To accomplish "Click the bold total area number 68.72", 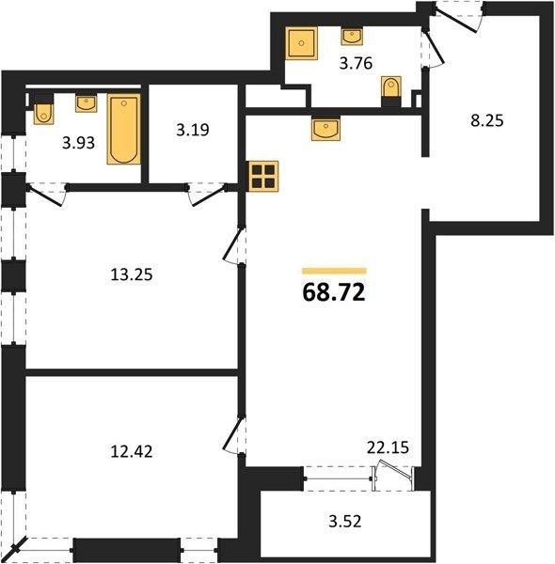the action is (x=334, y=292).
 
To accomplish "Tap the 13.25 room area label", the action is (x=132, y=274).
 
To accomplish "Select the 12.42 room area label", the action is (x=132, y=451).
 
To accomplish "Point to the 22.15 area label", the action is (x=388, y=447).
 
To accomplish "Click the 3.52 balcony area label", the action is (x=345, y=521).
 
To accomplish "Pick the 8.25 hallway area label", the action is (x=487, y=120).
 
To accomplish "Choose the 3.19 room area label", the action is (x=193, y=130).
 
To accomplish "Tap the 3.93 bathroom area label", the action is (x=78, y=143).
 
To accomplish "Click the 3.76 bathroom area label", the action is (x=356, y=63).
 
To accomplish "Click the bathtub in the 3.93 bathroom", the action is (x=124, y=130).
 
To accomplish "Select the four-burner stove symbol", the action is (x=263, y=177).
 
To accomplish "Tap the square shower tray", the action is (x=302, y=43).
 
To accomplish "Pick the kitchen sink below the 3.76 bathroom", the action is (x=325, y=128).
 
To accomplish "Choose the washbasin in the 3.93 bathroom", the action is (x=86, y=103).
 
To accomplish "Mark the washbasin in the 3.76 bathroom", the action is (x=352, y=37).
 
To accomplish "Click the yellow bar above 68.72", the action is (x=334, y=271).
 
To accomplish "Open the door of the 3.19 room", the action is (x=208, y=195).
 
